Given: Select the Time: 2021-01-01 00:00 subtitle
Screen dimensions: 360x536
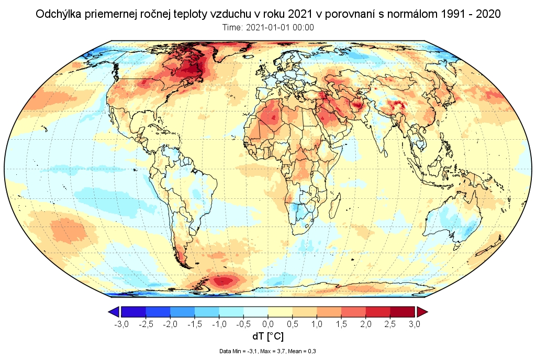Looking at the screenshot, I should point(267,28).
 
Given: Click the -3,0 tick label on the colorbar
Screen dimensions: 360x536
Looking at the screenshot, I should point(121,324).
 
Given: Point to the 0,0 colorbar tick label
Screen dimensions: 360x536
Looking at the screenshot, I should point(268,324).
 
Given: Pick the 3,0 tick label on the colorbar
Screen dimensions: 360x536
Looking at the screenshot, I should point(414,324).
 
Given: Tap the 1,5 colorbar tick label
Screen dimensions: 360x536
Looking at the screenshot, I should point(341,324).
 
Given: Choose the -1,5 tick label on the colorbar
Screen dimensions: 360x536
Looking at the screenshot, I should point(194,324).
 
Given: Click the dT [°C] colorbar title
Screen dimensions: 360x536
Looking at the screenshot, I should point(267,336).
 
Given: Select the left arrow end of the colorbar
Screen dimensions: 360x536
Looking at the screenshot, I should point(114,312).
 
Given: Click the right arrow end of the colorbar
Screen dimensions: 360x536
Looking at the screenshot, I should point(422,312).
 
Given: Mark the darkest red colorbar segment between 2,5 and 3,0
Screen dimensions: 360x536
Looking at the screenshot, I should point(402,312).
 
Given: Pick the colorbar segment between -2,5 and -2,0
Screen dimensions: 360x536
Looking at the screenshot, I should point(158,312).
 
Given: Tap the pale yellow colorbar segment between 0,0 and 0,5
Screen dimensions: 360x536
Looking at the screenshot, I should point(280,312).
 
